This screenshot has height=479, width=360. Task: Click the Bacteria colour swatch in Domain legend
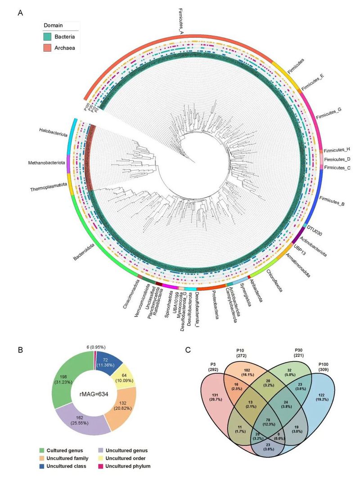tap(49, 36)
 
